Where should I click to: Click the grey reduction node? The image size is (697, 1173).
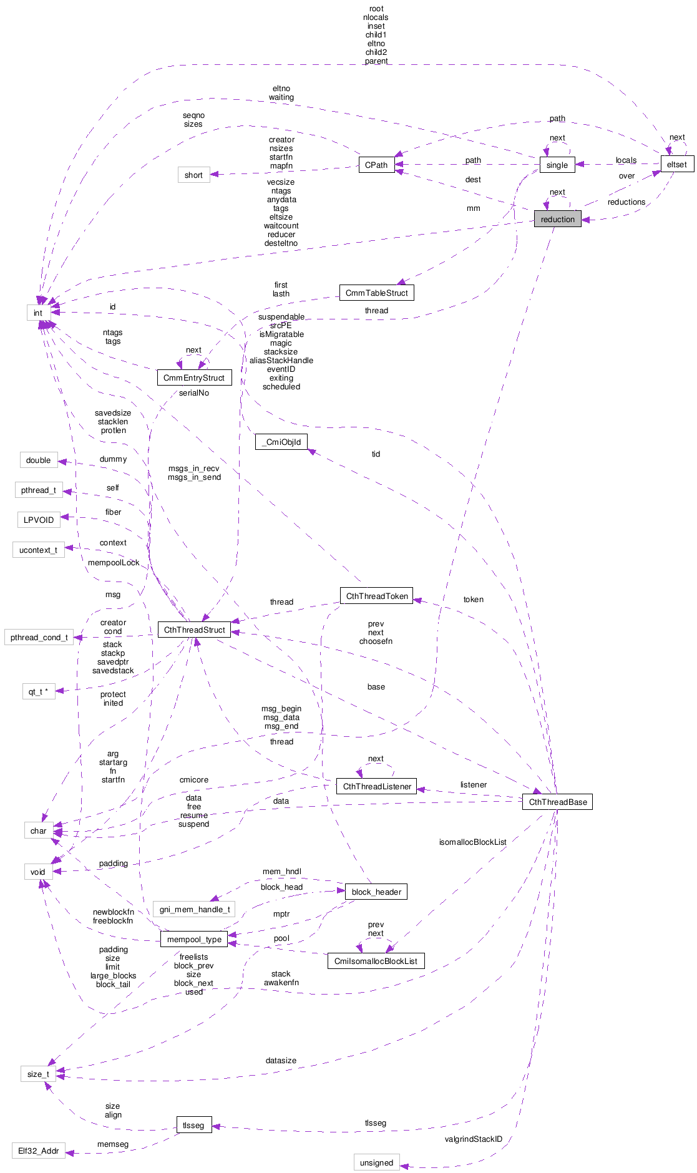pos(557,219)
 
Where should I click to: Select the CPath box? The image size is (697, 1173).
pos(376,165)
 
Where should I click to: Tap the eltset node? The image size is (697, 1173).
pos(676,165)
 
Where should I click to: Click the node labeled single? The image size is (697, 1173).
pos(557,165)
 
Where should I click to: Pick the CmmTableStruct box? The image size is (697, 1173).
pos(376,293)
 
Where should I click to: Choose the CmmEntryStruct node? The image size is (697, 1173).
pos(194,377)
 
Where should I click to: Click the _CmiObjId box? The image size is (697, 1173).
pos(281,442)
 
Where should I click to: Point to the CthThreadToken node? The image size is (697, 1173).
pos(377,596)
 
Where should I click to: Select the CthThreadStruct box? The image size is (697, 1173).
pos(194,630)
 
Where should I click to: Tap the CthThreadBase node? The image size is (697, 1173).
pos(557,802)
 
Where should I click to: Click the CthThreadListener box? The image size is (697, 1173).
pos(377,786)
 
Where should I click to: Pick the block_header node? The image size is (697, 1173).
pos(376,892)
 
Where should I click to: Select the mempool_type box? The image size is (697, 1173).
pos(194,939)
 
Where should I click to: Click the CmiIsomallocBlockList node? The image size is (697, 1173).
pos(376,961)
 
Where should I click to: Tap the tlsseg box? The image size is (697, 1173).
pos(193,1125)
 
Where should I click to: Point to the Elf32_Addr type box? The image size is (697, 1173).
pos(38,1151)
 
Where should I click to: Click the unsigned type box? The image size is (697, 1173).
pos(376,1162)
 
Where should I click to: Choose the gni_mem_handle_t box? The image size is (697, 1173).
pos(194,909)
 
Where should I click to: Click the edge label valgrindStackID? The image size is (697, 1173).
pos(473,1139)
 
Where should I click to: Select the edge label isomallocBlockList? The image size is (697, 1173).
pos(472,842)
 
